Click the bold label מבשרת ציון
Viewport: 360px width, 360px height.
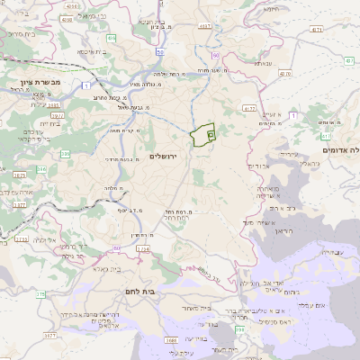[x=36, y=82]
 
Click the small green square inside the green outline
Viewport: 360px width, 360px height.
[x=211, y=134]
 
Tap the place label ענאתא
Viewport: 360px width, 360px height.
[x=263, y=63]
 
